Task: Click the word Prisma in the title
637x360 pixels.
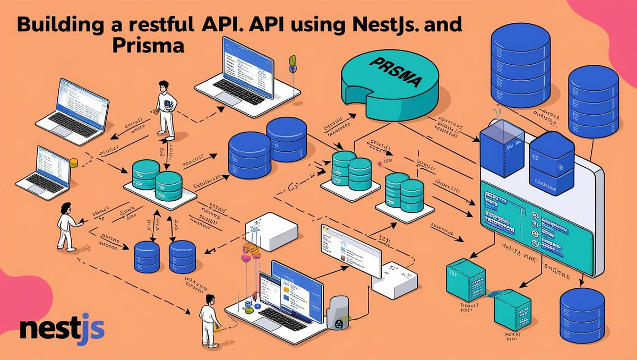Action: click(x=148, y=46)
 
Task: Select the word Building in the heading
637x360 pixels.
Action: click(x=48, y=25)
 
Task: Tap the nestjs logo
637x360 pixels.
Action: click(x=62, y=329)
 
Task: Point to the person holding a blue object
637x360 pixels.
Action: click(x=166, y=109)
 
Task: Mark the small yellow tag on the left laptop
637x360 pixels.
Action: click(x=74, y=162)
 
